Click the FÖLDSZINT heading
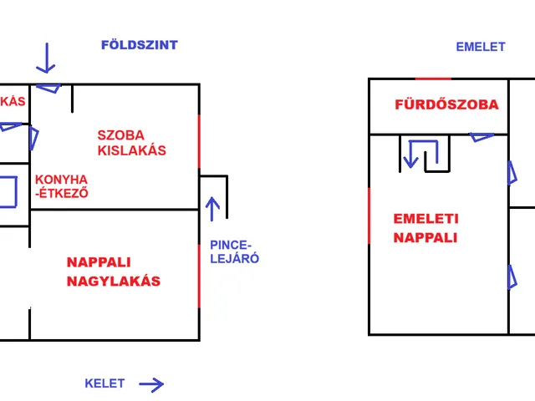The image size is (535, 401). coord(139,45)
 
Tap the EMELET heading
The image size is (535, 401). coord(480,47)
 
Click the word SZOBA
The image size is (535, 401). coord(121,135)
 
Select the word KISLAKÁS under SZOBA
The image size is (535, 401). coord(132,151)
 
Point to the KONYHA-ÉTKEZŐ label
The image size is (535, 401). coord(61,186)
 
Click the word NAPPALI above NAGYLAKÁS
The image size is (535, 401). coord(99,262)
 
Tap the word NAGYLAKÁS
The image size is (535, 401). coord(113,281)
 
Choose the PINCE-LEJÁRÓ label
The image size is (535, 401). coord(233,251)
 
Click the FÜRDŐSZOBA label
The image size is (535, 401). coord(446,104)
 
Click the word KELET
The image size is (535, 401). coord(104,383)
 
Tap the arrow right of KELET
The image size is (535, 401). coord(150,384)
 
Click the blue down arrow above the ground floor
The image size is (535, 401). coord(45,58)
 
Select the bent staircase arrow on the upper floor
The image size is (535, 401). coord(420,154)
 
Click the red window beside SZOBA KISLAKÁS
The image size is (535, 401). coord(199,142)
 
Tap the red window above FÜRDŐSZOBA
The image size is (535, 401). coord(433,79)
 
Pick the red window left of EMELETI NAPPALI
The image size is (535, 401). coord(369,216)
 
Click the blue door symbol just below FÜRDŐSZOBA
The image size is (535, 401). coord(482,136)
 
